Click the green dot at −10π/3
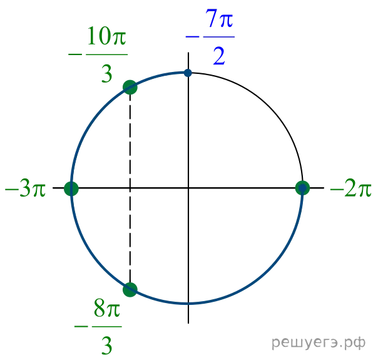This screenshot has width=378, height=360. tap(130, 87)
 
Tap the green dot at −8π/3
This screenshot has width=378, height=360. tap(130, 290)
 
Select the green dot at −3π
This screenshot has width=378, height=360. tap(71, 188)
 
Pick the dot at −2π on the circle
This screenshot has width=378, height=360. tap(302, 188)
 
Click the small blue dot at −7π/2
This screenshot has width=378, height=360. tap(188, 73)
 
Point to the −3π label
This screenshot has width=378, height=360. tap(25, 188)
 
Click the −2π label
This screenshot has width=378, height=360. tap(350, 188)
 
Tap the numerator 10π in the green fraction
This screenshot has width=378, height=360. tap(106, 36)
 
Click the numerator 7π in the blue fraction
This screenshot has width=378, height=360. tap(219, 18)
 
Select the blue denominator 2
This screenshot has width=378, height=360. tap(219, 56)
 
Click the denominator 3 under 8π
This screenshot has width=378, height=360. tap(107, 346)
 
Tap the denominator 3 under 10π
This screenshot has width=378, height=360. tap(107, 74)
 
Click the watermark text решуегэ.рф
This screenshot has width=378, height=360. tap(319, 342)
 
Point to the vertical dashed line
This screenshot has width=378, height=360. tap(130, 188)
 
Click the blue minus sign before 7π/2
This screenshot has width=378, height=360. tap(192, 37)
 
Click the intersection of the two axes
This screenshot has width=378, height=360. tap(188, 188)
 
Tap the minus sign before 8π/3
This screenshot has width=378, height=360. tap(81, 327)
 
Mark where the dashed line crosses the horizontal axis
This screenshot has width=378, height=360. tap(130, 188)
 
